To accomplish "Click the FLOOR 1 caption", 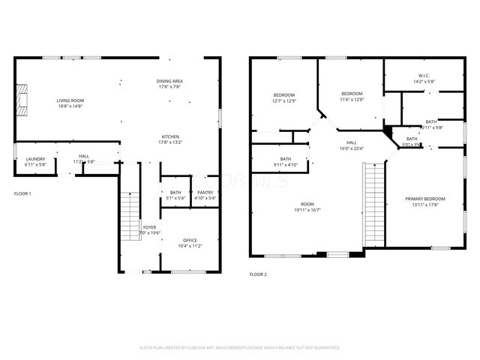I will point(22,194).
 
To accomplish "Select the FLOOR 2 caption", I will point(258,274).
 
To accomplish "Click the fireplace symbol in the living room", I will point(22,98).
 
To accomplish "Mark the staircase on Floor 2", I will point(373,202).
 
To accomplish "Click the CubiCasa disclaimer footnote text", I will point(240,348).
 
